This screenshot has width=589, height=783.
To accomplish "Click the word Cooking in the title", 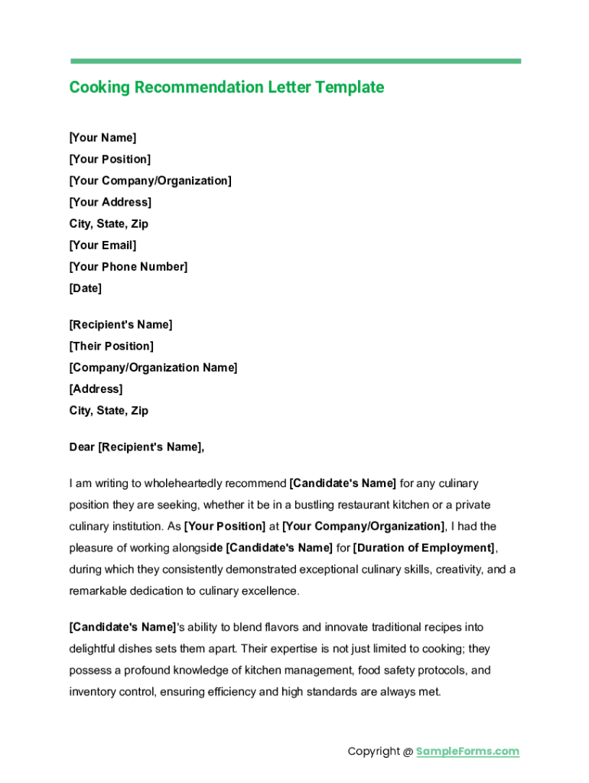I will [99, 87].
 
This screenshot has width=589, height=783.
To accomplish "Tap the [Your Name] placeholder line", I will [103, 138].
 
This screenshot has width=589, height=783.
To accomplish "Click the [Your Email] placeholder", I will [103, 245].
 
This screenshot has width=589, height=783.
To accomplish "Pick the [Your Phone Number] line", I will [128, 267].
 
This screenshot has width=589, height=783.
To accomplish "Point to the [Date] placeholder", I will [85, 288].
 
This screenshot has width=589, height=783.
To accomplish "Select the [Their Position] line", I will [111, 346].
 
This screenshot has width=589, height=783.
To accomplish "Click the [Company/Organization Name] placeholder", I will [153, 368].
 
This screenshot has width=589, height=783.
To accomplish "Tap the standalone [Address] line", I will [96, 389].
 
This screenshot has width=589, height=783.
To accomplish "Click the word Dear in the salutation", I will [82, 447].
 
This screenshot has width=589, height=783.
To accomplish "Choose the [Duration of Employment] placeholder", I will [424, 548].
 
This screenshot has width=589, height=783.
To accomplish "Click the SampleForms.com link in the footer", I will [467, 752].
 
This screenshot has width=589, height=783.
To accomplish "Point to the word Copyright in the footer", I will [373, 752].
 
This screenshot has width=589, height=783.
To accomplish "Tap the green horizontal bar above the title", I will [295, 61].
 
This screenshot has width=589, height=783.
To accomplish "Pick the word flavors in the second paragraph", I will [302, 628].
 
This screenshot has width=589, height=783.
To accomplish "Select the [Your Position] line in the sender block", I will [109, 159].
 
